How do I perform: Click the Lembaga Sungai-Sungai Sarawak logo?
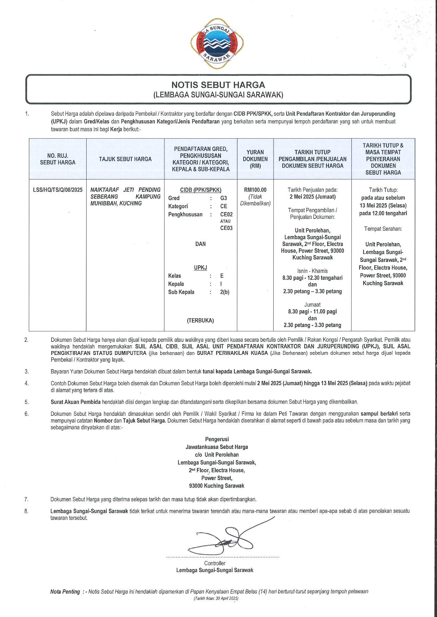217,44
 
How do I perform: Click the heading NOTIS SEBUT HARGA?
218,85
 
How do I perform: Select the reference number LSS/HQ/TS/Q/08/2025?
58,190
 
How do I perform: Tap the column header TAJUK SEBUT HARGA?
125,159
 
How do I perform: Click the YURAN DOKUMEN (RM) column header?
255,159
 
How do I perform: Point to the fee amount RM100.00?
255,190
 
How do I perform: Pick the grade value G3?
224,198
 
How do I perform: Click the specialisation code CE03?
226,228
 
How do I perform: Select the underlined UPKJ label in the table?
200,268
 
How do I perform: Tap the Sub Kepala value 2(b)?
224,292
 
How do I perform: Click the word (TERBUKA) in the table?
200,320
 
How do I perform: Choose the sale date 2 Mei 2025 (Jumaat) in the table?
312,197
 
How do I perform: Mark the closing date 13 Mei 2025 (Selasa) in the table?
383,205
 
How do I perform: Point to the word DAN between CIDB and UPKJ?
200,244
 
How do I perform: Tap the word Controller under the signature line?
215,563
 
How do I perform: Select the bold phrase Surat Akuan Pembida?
75,402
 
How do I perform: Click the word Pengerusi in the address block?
217,439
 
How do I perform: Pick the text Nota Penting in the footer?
65,591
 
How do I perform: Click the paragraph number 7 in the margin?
26,499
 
